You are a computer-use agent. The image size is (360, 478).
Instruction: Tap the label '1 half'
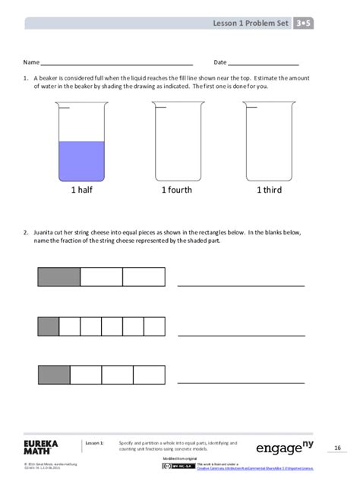(x=81, y=190)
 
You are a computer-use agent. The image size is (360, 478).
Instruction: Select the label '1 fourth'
(x=175, y=190)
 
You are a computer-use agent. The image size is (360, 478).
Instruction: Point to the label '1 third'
(x=268, y=190)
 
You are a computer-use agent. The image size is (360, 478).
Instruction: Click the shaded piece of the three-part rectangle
(x=59, y=277)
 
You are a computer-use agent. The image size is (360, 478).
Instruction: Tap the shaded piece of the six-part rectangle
(x=49, y=327)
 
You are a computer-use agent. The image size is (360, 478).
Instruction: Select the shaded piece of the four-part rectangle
(x=54, y=375)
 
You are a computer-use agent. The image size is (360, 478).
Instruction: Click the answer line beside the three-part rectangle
(x=241, y=286)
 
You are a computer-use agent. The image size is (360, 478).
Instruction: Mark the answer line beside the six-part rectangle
(x=241, y=335)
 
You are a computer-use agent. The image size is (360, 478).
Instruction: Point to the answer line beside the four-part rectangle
(x=241, y=383)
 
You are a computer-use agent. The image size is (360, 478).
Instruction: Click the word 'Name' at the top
(x=31, y=62)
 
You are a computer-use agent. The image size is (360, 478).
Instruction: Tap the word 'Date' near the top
(x=220, y=62)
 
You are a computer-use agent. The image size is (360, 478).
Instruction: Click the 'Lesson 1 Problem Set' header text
(x=251, y=24)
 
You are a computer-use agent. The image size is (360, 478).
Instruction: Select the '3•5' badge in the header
(x=305, y=24)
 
